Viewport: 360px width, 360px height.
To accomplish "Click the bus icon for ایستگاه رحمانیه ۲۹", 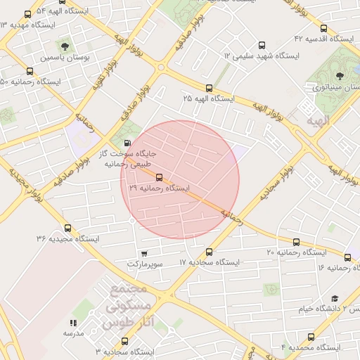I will (159, 177).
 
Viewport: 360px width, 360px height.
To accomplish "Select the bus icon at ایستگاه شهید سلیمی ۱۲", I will (262, 44).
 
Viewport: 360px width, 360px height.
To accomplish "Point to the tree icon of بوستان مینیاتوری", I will (340, 75).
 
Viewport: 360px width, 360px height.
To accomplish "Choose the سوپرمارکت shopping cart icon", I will (144, 253).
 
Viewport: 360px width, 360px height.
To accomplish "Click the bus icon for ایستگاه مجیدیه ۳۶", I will (67, 228).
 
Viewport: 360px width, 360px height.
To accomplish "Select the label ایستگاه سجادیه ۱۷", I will (210, 262).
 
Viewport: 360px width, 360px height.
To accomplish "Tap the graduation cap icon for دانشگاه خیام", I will (335, 298).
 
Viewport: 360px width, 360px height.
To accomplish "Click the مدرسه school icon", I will (72, 323).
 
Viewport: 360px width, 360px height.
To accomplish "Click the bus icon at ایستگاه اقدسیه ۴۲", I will (323, 29).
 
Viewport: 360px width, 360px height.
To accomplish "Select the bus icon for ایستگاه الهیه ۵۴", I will (27, 13).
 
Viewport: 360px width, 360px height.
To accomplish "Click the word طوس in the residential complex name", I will (116, 323).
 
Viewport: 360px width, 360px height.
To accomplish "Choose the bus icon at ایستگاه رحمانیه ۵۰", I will (30, 70).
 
